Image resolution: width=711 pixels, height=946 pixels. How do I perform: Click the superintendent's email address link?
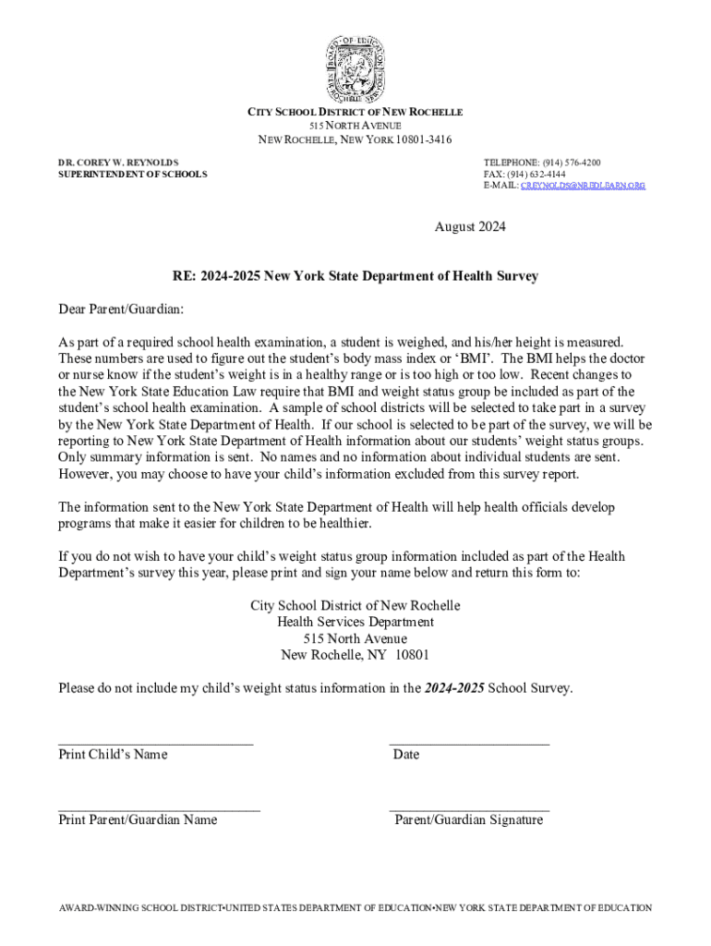583,186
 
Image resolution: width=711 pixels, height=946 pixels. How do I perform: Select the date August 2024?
470,226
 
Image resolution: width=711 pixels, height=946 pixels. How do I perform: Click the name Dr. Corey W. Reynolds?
119,161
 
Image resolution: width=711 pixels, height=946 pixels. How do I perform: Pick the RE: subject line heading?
355,276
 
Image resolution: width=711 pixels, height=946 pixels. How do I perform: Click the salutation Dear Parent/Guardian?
121,308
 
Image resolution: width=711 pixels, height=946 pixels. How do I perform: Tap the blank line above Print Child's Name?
155,742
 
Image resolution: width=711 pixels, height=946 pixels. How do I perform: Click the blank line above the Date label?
469,742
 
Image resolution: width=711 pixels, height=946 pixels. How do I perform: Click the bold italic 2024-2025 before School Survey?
454,688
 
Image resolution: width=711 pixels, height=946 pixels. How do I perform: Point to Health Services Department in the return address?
355,623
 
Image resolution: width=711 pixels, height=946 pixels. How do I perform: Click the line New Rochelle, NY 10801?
355,655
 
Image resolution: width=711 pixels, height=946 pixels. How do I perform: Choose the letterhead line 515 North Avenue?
355,125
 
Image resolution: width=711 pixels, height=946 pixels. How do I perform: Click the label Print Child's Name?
113,755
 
